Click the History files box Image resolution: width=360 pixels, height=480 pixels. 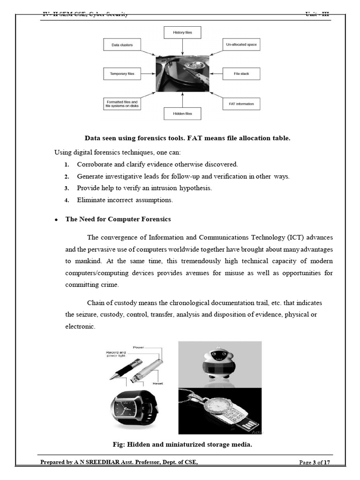click(176, 32)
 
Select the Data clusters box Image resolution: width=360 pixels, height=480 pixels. click(122, 45)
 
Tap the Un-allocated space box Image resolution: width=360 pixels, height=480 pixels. click(241, 45)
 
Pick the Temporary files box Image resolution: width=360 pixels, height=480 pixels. click(122, 74)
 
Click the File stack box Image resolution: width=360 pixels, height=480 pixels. click(241, 74)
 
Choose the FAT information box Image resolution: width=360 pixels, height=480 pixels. click(241, 104)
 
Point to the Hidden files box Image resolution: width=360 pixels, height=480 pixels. click(176, 114)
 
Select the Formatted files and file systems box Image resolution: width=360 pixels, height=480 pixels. click(122, 104)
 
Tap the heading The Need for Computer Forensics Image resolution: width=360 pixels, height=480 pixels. click(118, 219)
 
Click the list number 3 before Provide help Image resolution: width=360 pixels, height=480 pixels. click(67, 188)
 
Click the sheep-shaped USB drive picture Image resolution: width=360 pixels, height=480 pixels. click(219, 364)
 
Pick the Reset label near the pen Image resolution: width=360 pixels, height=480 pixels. click(157, 383)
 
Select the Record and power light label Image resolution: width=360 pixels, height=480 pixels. click(116, 353)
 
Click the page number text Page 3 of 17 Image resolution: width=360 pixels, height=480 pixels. click(315, 463)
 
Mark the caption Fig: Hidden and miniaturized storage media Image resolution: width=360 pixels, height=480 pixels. click(180, 444)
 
